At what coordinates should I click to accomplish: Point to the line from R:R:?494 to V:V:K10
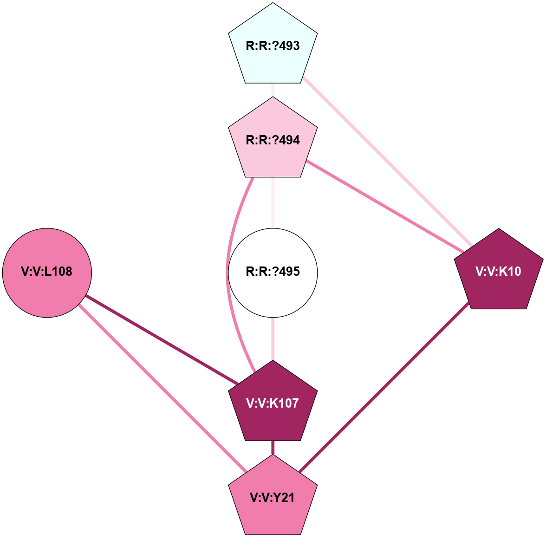pos(385,207)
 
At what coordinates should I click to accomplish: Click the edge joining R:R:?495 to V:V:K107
pos(273,339)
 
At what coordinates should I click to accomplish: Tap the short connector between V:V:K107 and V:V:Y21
pos(273,448)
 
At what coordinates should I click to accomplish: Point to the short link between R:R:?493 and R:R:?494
pos(273,90)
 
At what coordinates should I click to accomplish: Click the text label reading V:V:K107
pos(273,403)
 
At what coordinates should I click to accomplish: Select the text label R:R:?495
pos(273,272)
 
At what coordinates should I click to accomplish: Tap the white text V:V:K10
pos(499,272)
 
